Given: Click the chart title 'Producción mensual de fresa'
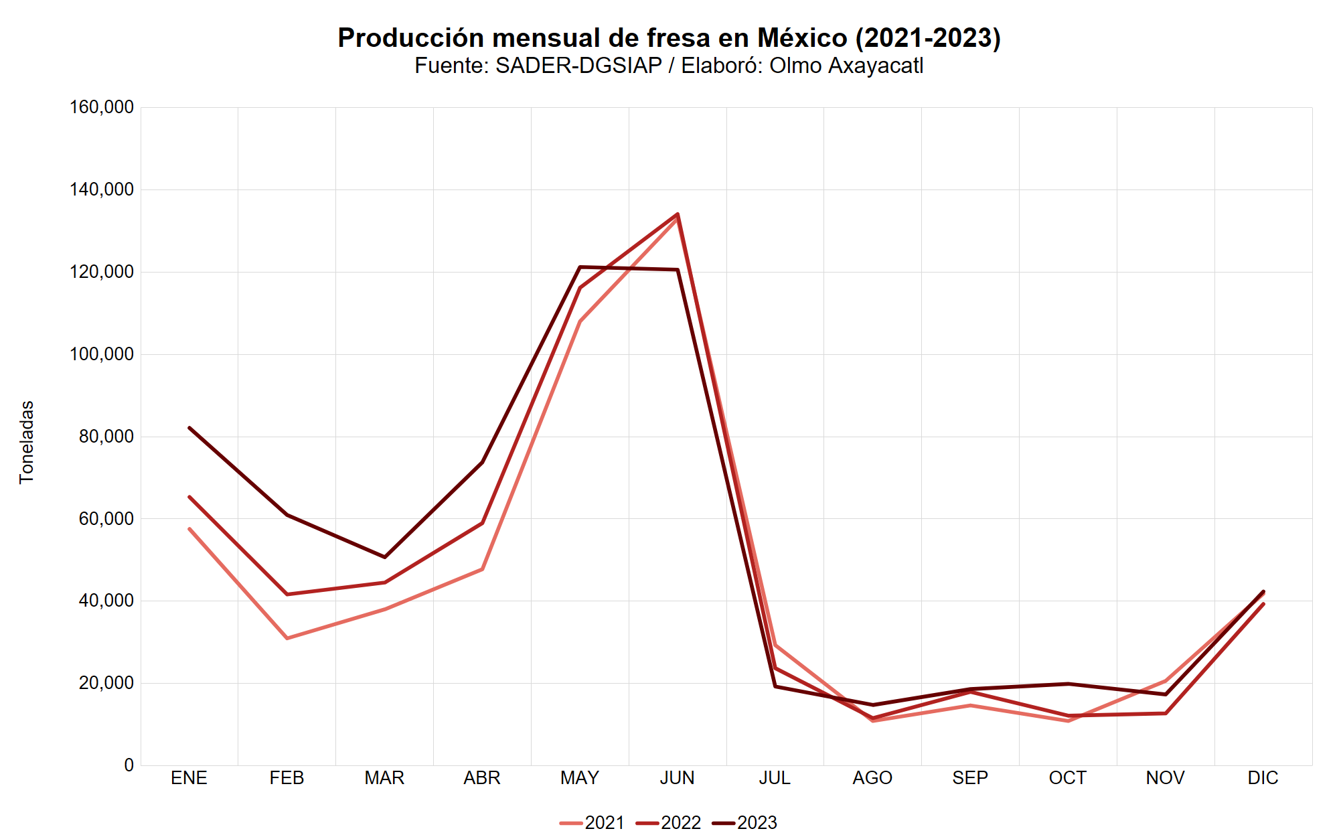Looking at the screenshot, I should point(668,38).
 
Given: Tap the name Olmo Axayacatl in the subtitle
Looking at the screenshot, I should point(846,66).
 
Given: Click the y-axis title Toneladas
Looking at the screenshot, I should point(27,442).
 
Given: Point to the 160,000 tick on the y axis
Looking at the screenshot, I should point(102,107).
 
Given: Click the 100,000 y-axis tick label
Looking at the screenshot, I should point(102,354).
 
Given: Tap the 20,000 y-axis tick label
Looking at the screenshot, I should point(106,683).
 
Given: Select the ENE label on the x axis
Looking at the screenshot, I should point(189,778).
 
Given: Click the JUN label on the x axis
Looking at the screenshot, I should point(677,778).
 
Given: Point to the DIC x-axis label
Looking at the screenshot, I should point(1263,778).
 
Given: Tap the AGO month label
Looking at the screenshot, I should point(872,778).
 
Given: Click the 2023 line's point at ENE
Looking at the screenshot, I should point(189,427).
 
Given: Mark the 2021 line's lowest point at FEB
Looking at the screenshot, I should point(287,638).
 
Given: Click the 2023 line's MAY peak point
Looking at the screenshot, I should point(580,267).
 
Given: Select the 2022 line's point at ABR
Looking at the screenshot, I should point(482,523).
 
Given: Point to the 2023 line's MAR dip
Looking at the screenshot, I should point(385,557).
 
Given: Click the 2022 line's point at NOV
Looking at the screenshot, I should point(1166,713).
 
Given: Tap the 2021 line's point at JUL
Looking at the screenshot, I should point(775,645).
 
